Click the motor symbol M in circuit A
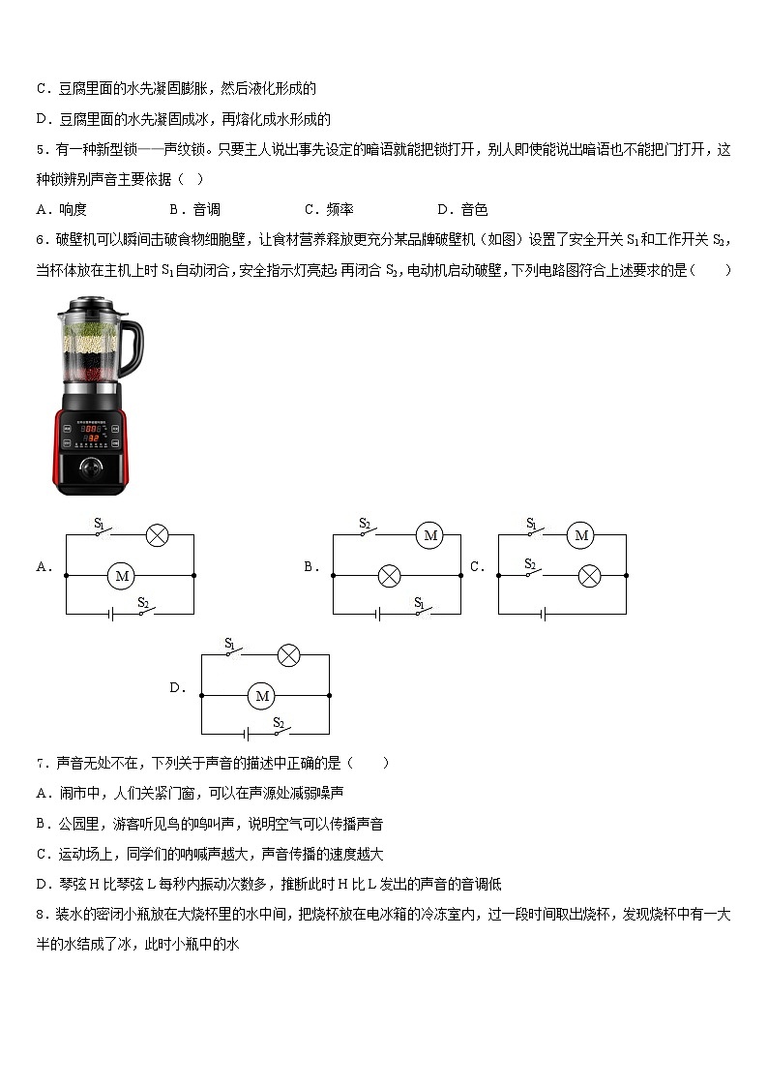click(x=122, y=576)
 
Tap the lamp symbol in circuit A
click(x=157, y=535)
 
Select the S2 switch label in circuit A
click(x=142, y=602)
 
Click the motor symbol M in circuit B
click(x=430, y=535)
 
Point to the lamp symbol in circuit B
click(x=389, y=576)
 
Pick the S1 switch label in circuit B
click(x=419, y=602)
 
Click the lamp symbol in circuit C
click(x=589, y=576)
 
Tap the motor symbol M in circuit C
click(x=579, y=535)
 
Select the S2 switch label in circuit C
click(x=530, y=563)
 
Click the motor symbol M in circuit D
click(x=260, y=696)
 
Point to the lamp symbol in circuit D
click(x=287, y=655)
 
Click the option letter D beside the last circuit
click(x=177, y=688)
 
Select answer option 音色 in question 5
click(x=474, y=209)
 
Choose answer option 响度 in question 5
click(x=73, y=209)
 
